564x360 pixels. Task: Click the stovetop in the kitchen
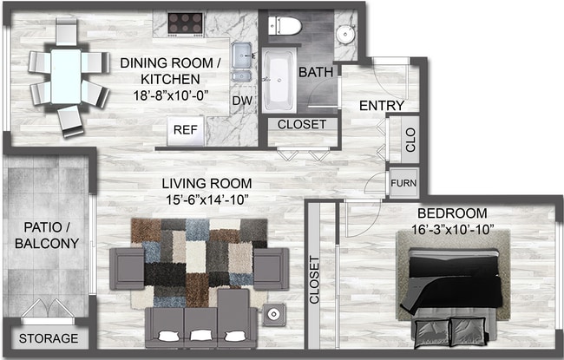click(x=184, y=22)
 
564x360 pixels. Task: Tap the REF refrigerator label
click(x=184, y=130)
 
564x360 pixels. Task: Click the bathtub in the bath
click(x=279, y=81)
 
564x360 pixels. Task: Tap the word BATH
click(x=315, y=73)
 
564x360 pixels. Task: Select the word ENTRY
click(x=382, y=106)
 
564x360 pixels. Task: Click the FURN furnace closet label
click(x=403, y=184)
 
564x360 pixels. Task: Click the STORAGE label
click(x=48, y=338)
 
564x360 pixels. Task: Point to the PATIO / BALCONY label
click(x=47, y=235)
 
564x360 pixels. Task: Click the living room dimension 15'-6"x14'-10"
click(x=207, y=200)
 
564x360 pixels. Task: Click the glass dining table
click(x=66, y=75)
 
